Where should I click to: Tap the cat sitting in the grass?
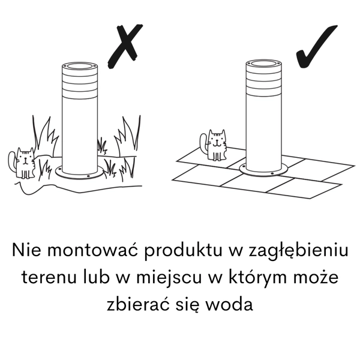click(x=25, y=163)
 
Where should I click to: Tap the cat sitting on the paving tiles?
click(x=217, y=145)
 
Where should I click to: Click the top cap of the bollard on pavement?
click(x=263, y=64)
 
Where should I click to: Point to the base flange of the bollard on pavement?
click(x=263, y=169)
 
